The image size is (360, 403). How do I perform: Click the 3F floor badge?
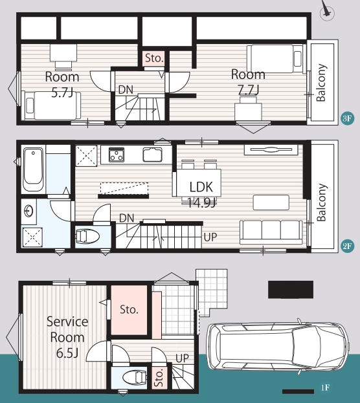pyautogui.click(x=347, y=118)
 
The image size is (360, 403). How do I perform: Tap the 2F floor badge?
pyautogui.click(x=347, y=246)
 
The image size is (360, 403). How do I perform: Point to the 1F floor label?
pyautogui.click(x=325, y=387)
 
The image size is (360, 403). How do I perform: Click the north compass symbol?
pyautogui.click(x=327, y=11)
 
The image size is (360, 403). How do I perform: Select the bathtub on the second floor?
pyautogui.click(x=33, y=169)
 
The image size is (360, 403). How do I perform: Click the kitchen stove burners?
pyautogui.click(x=117, y=155)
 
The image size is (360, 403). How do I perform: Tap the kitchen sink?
pyautogui.click(x=153, y=155)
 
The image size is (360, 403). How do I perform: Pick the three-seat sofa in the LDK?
pyautogui.click(x=271, y=232)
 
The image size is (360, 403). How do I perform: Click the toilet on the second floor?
pyautogui.click(x=87, y=236)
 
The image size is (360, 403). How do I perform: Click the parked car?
pyautogui.click(x=278, y=347)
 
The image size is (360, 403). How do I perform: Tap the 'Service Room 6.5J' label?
pyautogui.click(x=67, y=337)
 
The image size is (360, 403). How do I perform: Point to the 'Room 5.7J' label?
pyautogui.click(x=62, y=84)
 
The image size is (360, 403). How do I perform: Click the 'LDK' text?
pyautogui.click(x=201, y=187)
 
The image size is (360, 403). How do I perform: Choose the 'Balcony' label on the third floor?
pyautogui.click(x=321, y=83)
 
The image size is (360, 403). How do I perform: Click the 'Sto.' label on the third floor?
pyautogui.click(x=154, y=58)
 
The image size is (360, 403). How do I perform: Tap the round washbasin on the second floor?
pyautogui.click(x=28, y=212)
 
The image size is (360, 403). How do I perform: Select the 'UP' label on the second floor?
pyautogui.click(x=210, y=237)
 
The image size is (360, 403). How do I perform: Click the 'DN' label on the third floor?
pyautogui.click(x=126, y=90)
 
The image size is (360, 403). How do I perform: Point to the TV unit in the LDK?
pyautogui.click(x=271, y=149)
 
